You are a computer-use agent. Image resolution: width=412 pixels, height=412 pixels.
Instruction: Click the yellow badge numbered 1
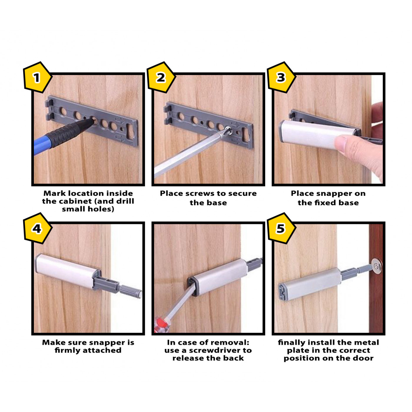[37, 78]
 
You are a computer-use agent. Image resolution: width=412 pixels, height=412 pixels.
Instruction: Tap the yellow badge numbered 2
[161, 78]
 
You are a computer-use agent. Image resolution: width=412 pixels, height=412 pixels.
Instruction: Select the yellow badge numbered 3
[281, 78]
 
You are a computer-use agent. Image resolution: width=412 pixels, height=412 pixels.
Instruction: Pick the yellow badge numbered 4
[37, 229]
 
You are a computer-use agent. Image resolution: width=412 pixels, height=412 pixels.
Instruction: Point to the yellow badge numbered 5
[281, 229]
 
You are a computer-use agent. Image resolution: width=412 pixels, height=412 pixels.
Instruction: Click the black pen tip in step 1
[88, 123]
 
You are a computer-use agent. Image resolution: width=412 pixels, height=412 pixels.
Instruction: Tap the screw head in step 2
[227, 129]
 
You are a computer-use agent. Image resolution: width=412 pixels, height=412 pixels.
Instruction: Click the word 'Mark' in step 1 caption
[55, 193]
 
